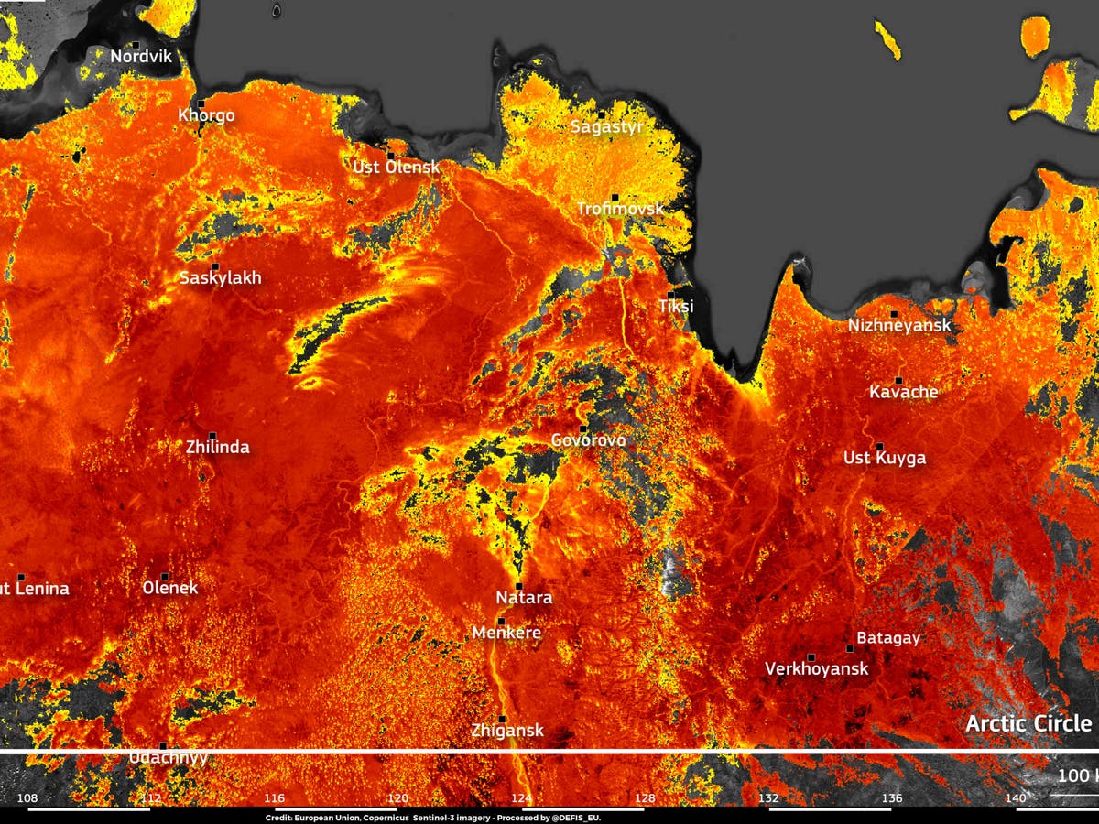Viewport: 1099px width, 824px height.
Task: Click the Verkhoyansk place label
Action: click(x=816, y=669)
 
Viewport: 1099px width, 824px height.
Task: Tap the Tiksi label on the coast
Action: click(x=676, y=307)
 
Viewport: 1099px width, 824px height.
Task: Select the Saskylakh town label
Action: click(x=220, y=278)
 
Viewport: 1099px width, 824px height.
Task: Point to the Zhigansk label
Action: click(x=507, y=731)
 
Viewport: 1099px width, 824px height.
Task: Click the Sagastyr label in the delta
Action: click(x=607, y=127)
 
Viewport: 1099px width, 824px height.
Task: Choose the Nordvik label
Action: click(x=141, y=57)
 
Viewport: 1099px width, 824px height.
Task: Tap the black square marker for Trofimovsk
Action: click(x=615, y=197)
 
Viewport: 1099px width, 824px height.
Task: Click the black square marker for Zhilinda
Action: click(x=212, y=436)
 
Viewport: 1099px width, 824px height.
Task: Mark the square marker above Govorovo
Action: click(x=582, y=428)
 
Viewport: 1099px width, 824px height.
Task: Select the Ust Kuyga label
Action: click(x=884, y=458)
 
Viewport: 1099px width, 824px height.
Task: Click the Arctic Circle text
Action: click(x=1028, y=723)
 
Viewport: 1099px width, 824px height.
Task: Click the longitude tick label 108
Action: click(x=27, y=798)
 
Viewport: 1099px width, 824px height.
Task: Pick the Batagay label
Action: click(x=887, y=638)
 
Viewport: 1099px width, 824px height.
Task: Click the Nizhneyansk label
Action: click(x=898, y=325)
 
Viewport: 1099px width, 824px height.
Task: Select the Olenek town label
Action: click(x=170, y=588)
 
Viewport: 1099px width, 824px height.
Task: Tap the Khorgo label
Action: click(x=206, y=115)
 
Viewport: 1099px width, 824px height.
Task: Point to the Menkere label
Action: click(x=506, y=633)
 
